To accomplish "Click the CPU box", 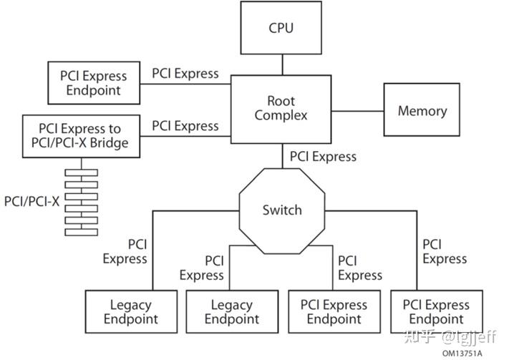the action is (x=281, y=28).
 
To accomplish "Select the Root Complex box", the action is (x=281, y=110).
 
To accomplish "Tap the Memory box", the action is (x=422, y=110).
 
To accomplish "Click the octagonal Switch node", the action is (x=282, y=210).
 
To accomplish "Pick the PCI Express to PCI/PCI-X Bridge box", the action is (x=81, y=136).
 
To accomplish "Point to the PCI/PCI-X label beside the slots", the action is (x=31, y=202).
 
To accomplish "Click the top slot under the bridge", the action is (x=81, y=172).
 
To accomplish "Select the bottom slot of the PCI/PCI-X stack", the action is (x=81, y=232).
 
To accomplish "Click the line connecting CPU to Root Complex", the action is (x=282, y=64).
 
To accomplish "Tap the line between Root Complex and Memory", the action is (x=357, y=111).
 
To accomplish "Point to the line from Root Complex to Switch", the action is (x=282, y=156).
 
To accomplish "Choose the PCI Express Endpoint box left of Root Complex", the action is (x=94, y=83).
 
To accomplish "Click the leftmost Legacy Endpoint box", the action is (x=131, y=311).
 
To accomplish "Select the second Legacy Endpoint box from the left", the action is (x=232, y=311).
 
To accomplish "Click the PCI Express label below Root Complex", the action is (x=323, y=157).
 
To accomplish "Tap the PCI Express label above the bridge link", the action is (x=185, y=126).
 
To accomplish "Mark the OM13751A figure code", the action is (x=462, y=353).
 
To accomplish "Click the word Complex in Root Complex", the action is (x=281, y=115).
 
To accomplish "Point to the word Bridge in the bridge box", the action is (x=109, y=143).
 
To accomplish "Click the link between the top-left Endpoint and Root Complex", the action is (x=185, y=84).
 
